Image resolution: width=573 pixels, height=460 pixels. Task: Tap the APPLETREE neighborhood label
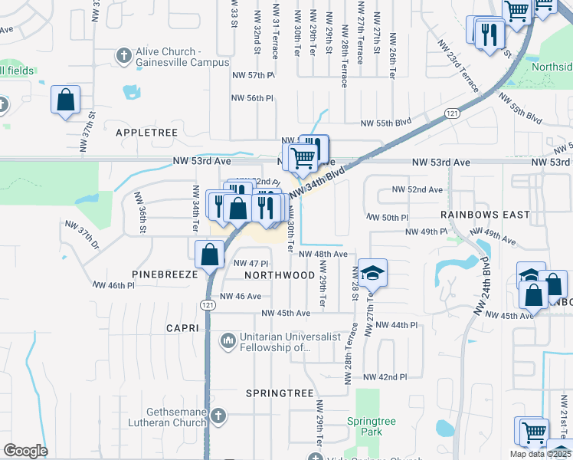pyautogui.click(x=146, y=133)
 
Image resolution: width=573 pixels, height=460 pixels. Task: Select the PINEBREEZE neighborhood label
pyautogui.click(x=165, y=274)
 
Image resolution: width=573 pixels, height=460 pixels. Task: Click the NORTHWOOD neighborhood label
pyautogui.click(x=280, y=274)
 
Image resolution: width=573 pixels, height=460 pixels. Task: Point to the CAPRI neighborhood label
pyautogui.click(x=182, y=328)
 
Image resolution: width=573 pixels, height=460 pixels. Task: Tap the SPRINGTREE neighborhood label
pyautogui.click(x=280, y=393)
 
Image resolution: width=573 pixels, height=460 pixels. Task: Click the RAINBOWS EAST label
pyautogui.click(x=485, y=215)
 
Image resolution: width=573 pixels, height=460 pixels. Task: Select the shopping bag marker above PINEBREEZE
pyautogui.click(x=209, y=253)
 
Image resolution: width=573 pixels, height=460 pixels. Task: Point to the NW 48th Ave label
pyautogui.click(x=323, y=254)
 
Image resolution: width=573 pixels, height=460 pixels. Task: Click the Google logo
pyautogui.click(x=25, y=451)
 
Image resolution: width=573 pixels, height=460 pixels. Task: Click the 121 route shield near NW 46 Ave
pyautogui.click(x=208, y=305)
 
